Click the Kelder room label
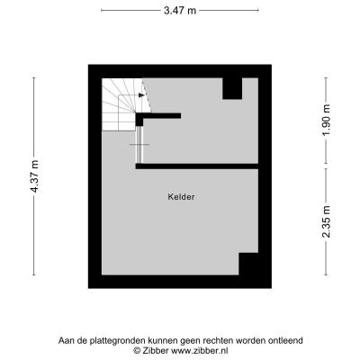click(x=181, y=197)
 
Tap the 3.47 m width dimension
click(x=180, y=11)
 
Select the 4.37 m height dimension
click(x=35, y=176)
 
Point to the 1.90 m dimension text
click(x=326, y=120)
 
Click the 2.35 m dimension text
click(x=326, y=221)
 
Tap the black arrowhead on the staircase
click(x=141, y=95)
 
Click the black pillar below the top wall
click(x=232, y=88)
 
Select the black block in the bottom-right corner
click(x=248, y=264)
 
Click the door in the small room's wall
click(x=139, y=145)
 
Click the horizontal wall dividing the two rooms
click(x=197, y=166)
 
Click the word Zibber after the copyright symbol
click(x=155, y=350)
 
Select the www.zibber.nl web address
click(x=199, y=350)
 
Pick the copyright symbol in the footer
click(x=137, y=350)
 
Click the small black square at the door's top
click(x=139, y=120)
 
